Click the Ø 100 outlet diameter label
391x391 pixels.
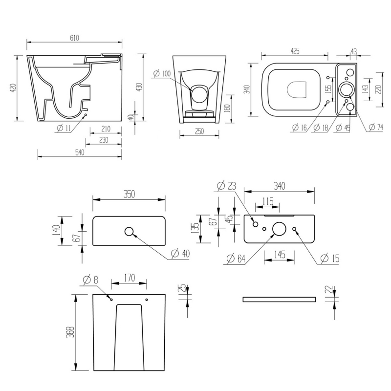(x=162, y=73)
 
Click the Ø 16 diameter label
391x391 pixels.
(x=299, y=128)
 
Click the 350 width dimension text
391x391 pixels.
(x=129, y=194)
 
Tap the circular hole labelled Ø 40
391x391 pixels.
(x=130, y=232)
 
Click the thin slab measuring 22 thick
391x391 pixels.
(x=279, y=299)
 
